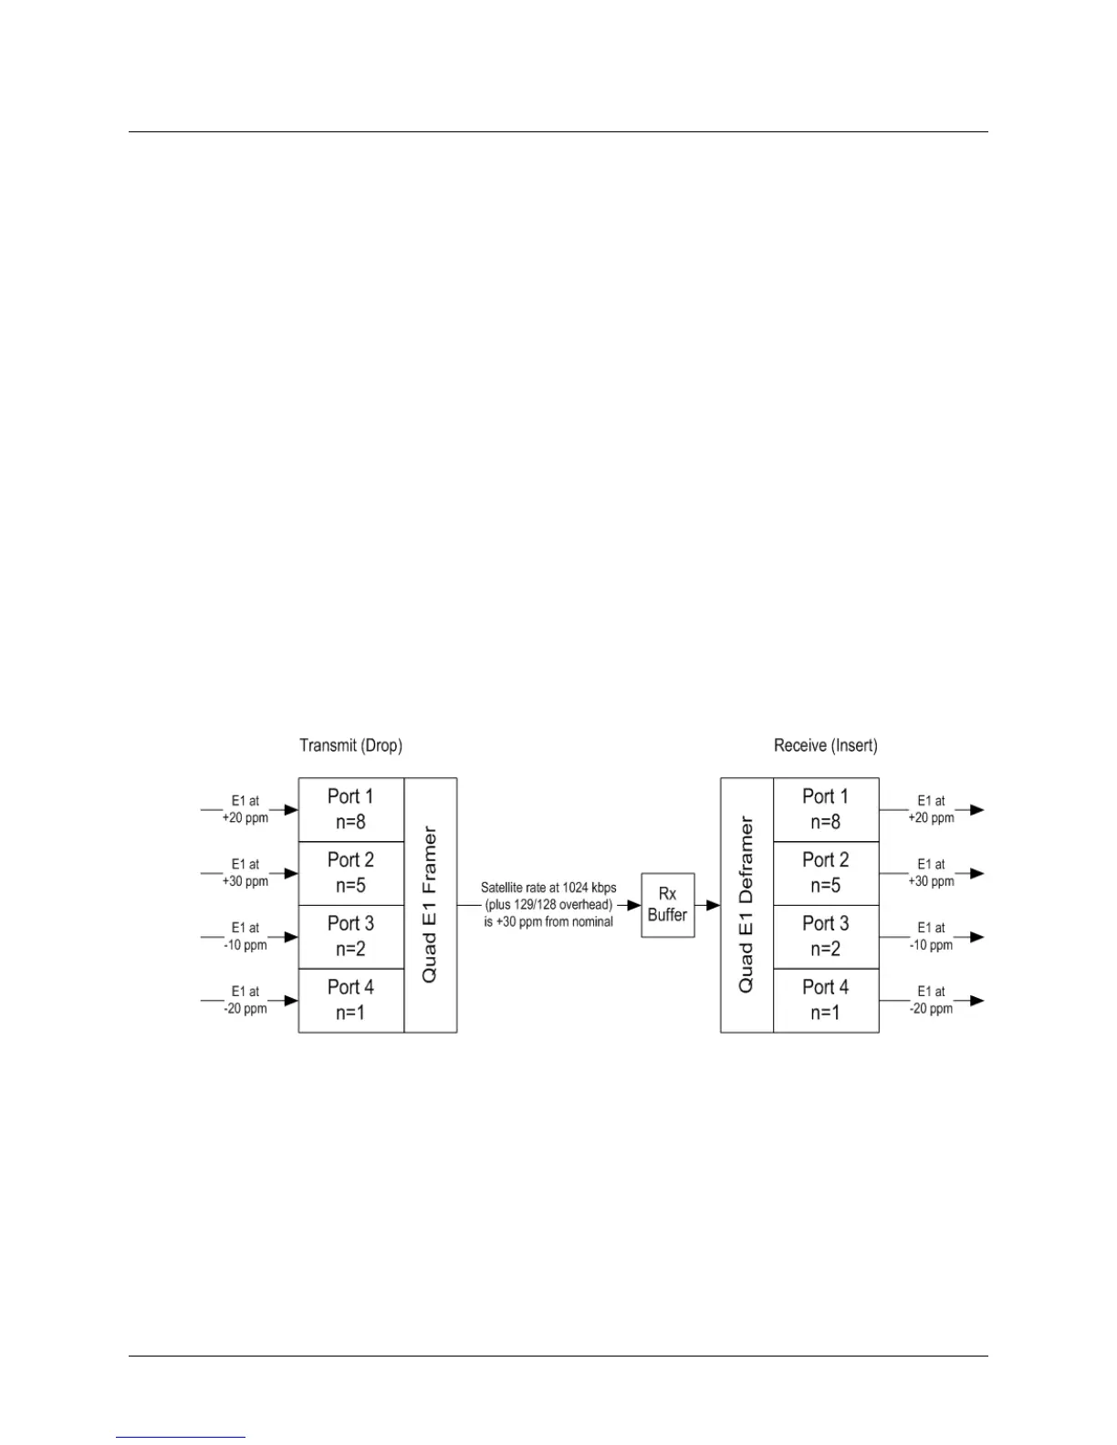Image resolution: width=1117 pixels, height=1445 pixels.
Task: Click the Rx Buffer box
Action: (x=667, y=905)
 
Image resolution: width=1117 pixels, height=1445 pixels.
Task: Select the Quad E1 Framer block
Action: (x=430, y=905)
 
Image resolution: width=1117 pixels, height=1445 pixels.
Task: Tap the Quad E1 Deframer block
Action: (x=746, y=905)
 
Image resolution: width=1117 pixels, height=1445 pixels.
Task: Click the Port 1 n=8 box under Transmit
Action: (x=350, y=809)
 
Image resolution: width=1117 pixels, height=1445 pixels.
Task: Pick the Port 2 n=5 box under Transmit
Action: (x=350, y=873)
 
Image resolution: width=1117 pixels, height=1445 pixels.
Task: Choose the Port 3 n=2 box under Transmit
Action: (x=350, y=937)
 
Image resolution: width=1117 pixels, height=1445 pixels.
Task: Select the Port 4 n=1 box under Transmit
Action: (x=350, y=1001)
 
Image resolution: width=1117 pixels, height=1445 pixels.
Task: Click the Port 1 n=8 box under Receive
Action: (x=826, y=809)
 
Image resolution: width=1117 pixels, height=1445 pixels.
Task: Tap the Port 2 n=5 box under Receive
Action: (x=826, y=873)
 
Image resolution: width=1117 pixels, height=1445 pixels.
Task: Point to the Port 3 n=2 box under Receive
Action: (x=826, y=937)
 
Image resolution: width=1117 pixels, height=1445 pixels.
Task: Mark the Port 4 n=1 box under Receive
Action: (x=826, y=1001)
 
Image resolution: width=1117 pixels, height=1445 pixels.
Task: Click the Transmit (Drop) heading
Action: (x=350, y=745)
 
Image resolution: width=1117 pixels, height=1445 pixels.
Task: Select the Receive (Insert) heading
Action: (x=825, y=745)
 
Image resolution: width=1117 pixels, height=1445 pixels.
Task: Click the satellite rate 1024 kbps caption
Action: (x=548, y=905)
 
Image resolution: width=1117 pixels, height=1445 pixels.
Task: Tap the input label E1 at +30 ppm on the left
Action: (x=245, y=873)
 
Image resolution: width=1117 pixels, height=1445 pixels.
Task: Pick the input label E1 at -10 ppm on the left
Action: (x=245, y=937)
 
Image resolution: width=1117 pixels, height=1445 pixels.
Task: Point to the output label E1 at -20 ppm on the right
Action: (x=931, y=1001)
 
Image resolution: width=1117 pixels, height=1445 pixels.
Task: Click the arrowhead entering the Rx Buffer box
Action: (x=634, y=905)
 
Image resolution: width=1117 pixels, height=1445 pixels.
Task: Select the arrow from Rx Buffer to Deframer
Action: (x=708, y=905)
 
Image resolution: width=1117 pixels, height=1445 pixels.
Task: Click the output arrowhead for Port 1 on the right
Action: (x=976, y=809)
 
